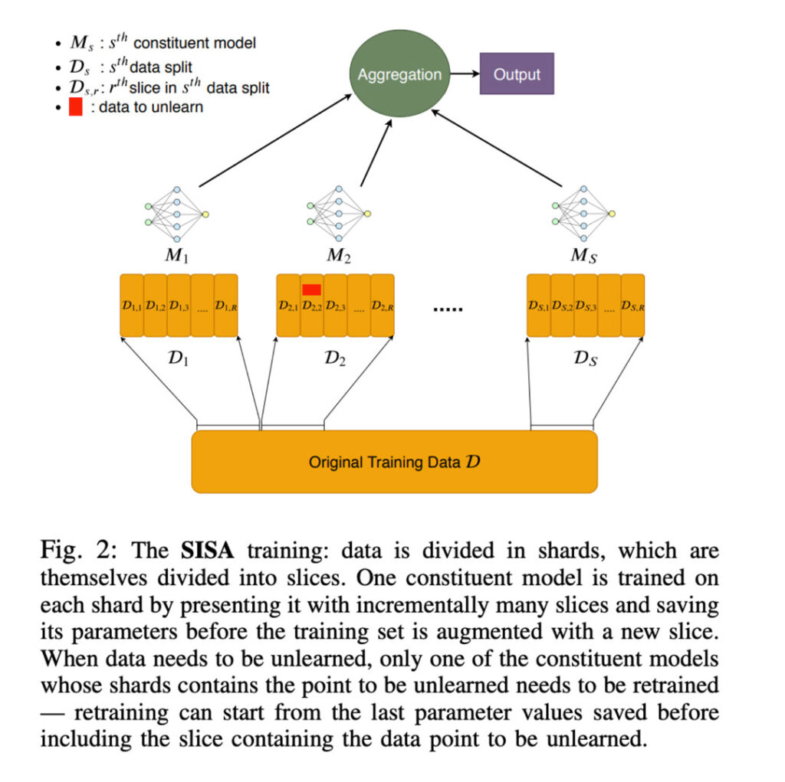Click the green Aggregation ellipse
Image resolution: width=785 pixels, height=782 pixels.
point(399,74)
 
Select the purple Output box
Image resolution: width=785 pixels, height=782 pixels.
point(517,74)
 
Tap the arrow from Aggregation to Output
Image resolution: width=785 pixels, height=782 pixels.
point(465,74)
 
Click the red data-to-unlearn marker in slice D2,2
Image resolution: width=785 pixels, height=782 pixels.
point(311,290)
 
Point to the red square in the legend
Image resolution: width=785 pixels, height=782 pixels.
point(76,106)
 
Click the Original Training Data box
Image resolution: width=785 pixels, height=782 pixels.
point(395,462)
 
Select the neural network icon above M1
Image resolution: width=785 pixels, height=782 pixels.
point(177,214)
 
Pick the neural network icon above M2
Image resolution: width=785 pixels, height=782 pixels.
point(339,214)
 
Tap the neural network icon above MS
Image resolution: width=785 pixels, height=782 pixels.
point(583,214)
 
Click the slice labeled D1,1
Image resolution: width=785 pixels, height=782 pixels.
point(132,305)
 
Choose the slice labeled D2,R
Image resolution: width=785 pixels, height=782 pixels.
point(383,305)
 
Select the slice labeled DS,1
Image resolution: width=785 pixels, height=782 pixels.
point(539,305)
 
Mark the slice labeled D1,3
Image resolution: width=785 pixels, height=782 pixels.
point(179,305)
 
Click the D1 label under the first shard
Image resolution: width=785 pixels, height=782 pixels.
point(178,358)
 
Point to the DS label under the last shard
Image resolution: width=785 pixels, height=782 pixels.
point(585,358)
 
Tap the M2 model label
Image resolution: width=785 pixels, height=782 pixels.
point(339,256)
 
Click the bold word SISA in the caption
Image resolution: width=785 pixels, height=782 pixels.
point(207,551)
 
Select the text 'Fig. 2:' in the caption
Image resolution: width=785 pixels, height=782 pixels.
point(79,551)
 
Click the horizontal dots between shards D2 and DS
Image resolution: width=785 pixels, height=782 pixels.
point(448,309)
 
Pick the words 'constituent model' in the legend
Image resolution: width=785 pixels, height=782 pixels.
point(195,43)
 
